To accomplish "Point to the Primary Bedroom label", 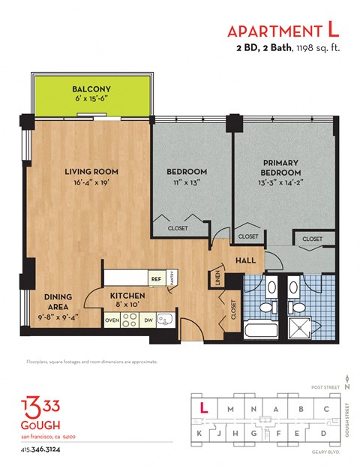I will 280,167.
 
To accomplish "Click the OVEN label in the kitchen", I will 112,320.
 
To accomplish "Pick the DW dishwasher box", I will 150,320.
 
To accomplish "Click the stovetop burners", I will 130,320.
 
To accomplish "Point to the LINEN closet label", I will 218,278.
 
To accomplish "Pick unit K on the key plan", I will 202,434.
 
